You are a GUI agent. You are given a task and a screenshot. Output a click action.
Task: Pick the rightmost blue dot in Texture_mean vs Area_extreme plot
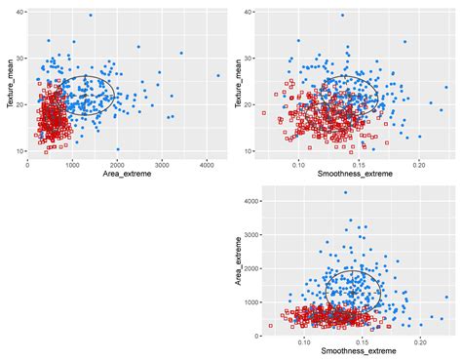click(218, 75)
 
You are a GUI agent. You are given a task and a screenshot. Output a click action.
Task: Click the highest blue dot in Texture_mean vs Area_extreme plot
click(91, 16)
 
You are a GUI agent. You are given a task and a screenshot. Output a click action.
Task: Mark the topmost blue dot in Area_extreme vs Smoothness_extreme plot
click(345, 192)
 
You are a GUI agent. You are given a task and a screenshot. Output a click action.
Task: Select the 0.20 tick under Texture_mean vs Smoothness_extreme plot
click(419, 167)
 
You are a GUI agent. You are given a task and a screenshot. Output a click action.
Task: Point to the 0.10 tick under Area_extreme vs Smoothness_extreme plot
click(303, 343)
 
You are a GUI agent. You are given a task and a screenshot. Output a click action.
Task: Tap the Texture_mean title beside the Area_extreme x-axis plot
click(9, 82)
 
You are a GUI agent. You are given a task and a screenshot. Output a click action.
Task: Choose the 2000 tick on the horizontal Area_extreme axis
click(117, 167)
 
